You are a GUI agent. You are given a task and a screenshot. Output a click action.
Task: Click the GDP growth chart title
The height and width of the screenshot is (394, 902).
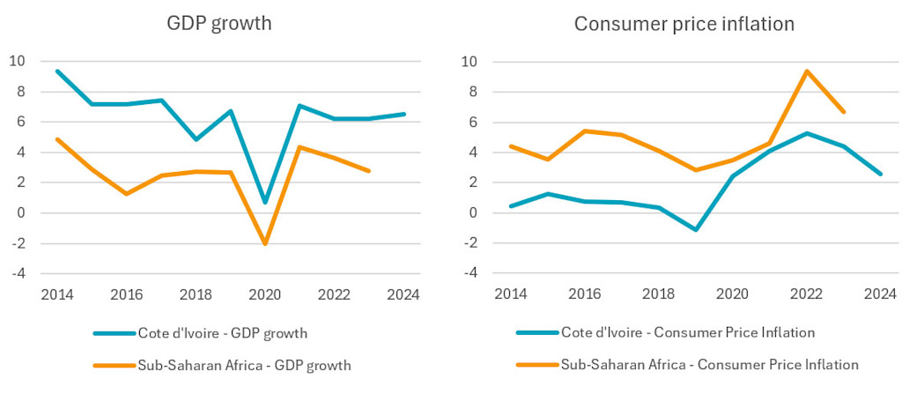(218, 24)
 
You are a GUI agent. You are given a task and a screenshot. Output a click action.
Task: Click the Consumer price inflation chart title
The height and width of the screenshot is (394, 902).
(684, 24)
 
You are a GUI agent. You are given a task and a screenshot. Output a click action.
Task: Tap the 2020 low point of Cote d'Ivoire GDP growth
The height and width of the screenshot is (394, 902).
(266, 202)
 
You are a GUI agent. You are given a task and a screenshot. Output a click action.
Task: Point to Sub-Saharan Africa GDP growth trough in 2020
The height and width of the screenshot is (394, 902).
(266, 243)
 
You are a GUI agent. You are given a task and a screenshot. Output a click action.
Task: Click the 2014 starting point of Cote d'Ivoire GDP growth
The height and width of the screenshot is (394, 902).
(57, 71)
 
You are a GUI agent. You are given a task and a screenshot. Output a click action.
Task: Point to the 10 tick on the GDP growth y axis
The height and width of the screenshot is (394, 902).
(18, 62)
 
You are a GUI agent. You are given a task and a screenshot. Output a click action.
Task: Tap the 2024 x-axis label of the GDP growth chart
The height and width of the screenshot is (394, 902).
(404, 294)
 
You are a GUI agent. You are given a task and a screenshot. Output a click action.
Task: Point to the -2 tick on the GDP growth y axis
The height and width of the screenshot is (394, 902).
(18, 243)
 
